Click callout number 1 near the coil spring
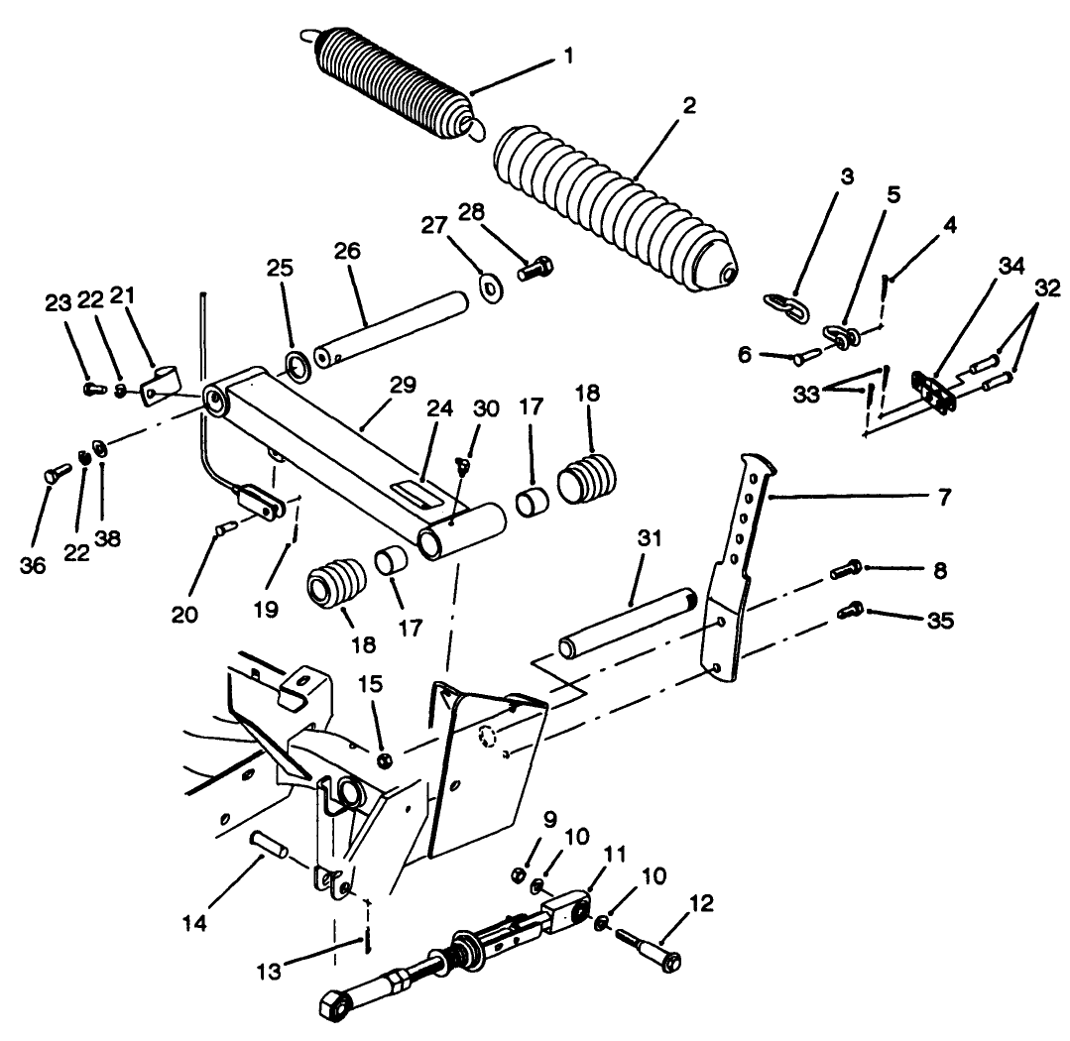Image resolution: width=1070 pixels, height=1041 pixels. [568, 58]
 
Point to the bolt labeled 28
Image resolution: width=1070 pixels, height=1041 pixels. [534, 267]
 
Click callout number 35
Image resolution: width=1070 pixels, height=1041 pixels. [940, 621]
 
